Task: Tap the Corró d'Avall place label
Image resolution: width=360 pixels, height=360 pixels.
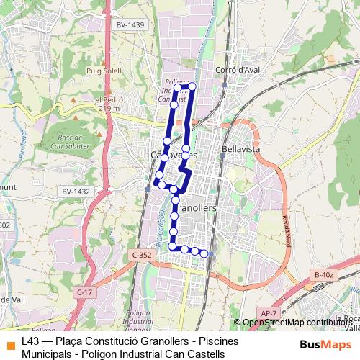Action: click(237, 69)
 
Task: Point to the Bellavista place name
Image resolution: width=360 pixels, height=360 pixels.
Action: click(240, 148)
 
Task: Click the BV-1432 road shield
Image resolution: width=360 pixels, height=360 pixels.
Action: click(76, 191)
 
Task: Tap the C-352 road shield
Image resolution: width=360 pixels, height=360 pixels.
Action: click(143, 255)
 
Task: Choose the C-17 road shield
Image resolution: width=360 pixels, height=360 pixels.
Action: click(84, 292)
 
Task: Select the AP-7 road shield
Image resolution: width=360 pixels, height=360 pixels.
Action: click(269, 312)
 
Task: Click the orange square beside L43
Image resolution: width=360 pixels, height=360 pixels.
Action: click(9, 341)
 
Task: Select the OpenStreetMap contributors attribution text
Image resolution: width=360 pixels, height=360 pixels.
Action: click(297, 323)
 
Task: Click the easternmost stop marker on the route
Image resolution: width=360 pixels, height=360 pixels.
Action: click(204, 253)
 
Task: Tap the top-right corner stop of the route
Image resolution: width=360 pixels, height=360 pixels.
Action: click(192, 86)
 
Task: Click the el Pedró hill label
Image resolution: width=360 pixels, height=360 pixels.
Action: click(105, 100)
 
